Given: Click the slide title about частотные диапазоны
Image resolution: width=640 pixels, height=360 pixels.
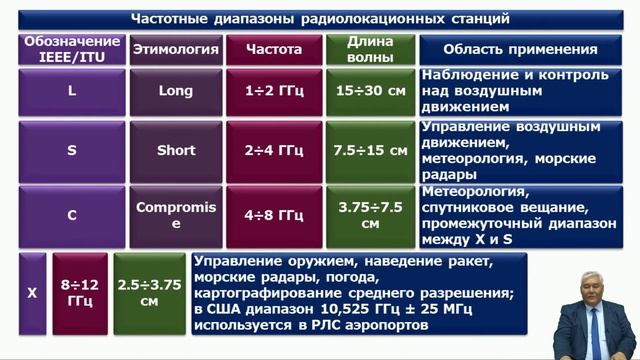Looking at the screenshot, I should point(321,19).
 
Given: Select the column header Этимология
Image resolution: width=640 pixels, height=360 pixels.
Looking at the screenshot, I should point(175,49).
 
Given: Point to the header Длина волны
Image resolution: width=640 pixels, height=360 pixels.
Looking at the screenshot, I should point(369,49).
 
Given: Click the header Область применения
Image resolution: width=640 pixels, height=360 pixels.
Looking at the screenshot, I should point(525,49).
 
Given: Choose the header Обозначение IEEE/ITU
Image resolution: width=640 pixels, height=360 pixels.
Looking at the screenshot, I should point(71,49).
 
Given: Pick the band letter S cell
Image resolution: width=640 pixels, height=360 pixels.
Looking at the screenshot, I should point(71,151).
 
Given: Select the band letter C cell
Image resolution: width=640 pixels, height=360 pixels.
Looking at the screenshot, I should point(71,214).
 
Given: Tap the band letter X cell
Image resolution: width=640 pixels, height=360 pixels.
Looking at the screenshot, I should point(32,293).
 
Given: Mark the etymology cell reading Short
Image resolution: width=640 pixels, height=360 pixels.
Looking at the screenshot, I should point(175,151).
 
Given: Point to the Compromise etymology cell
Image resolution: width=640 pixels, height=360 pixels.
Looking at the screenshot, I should point(175,214).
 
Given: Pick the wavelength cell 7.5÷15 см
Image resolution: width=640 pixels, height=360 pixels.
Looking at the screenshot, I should point(369,151).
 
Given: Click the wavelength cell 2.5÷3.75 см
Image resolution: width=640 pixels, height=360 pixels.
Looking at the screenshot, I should point(149,293).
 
